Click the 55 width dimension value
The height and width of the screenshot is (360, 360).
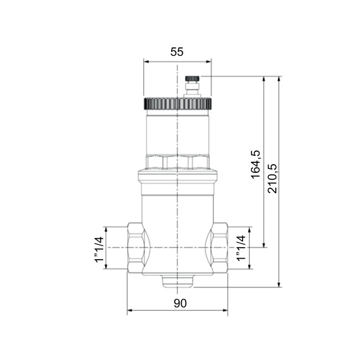coord(177,52)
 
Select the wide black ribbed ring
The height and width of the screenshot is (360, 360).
coord(177,104)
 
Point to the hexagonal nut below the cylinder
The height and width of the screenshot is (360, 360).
coord(177,162)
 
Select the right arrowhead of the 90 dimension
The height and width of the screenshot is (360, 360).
coord(225,311)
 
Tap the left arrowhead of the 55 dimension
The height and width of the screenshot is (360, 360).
coord(146,61)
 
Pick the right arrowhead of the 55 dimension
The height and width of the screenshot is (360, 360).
coord(209,61)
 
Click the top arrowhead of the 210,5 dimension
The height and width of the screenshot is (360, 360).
coord(280,79)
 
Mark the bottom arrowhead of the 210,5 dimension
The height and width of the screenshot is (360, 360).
coord(280,285)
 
